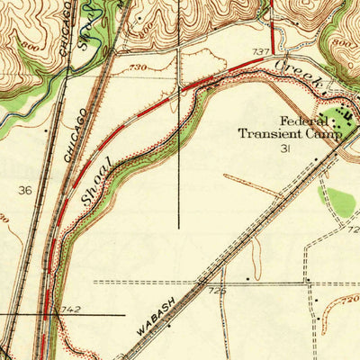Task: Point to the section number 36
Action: point(24,190)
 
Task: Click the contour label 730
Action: point(138,68)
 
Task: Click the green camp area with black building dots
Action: point(340,116)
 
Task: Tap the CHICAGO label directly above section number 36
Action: point(76,135)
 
